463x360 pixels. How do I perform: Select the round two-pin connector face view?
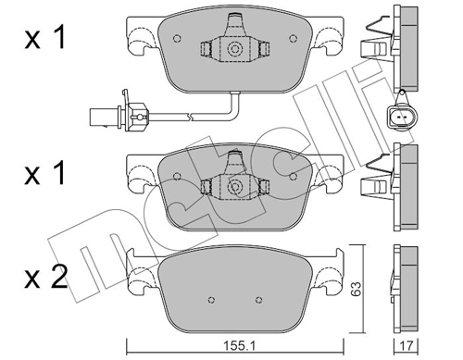tap(400, 118)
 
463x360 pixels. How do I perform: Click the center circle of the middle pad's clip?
tap(233, 187)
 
